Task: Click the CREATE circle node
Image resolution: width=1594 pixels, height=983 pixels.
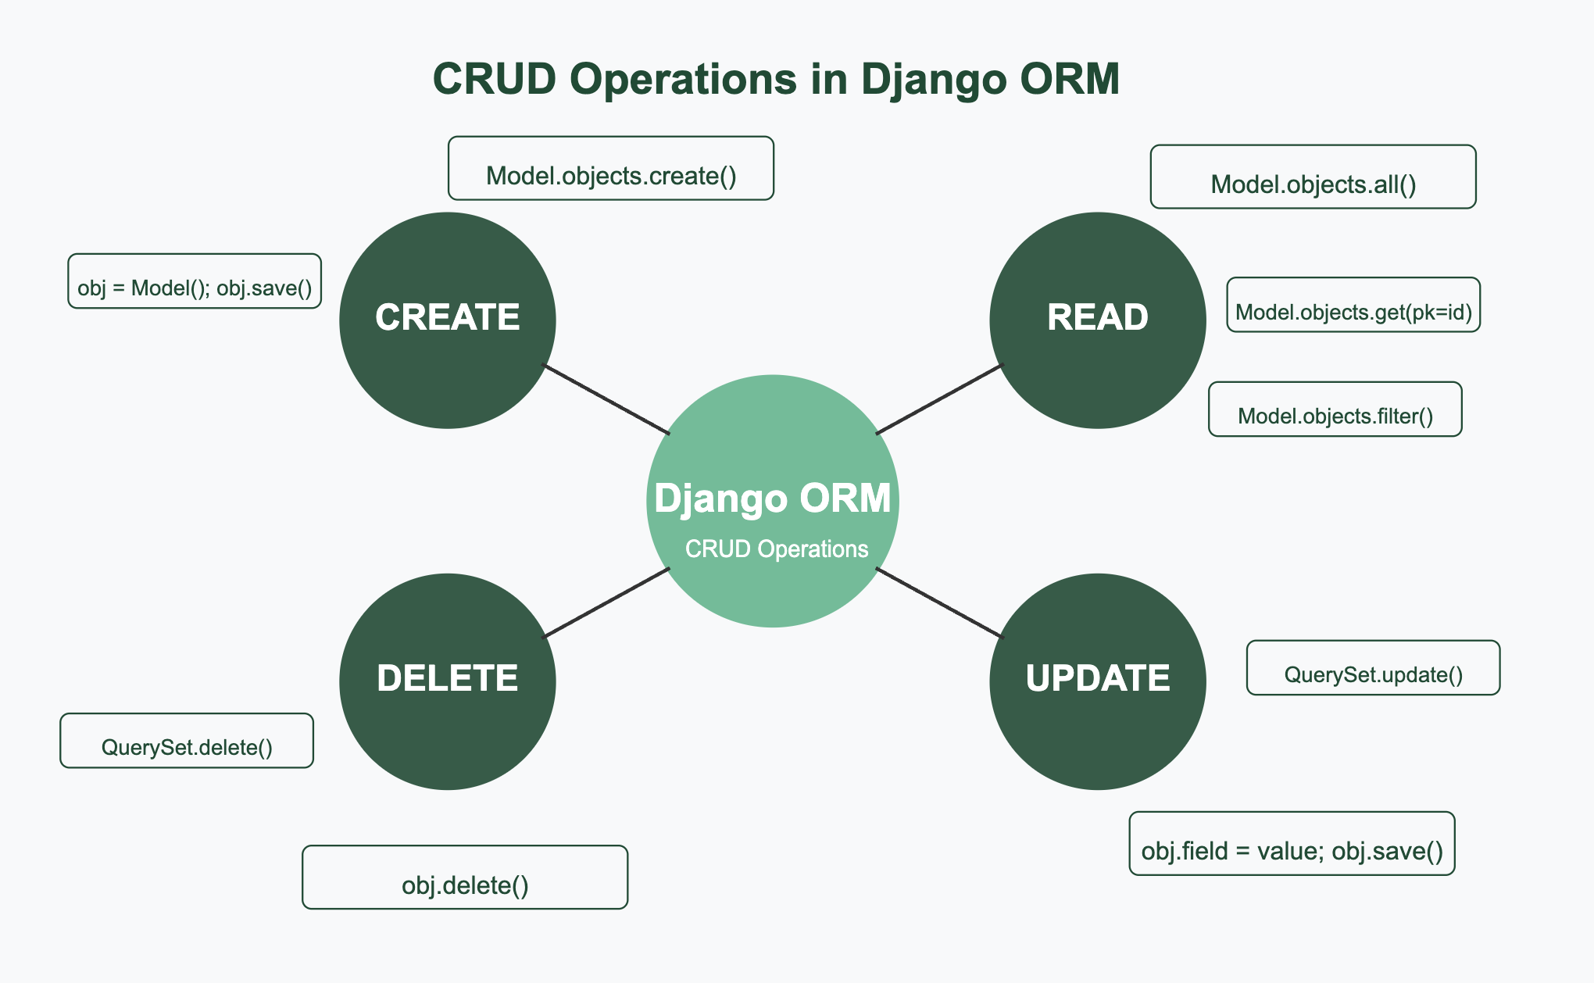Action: (x=448, y=320)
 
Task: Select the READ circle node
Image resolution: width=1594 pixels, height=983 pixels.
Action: (x=1098, y=320)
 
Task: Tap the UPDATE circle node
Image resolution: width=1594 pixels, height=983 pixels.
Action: (x=1098, y=681)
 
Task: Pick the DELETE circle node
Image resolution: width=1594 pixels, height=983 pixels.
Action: (x=448, y=681)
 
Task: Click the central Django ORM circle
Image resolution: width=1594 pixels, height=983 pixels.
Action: (x=773, y=501)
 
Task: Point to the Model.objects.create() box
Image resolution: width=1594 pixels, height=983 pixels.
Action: (x=611, y=168)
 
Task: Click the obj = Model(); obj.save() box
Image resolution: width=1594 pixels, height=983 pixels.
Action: (x=195, y=281)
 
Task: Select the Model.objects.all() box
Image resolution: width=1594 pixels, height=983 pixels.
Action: (x=1313, y=177)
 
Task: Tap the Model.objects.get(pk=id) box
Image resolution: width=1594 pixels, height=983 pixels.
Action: (x=1353, y=305)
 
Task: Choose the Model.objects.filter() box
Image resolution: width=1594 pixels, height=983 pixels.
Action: (x=1335, y=409)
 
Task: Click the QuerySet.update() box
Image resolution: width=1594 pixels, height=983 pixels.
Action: (x=1374, y=667)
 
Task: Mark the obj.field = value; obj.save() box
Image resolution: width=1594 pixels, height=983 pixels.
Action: (x=1292, y=843)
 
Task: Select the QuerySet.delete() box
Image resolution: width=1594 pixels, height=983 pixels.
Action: (x=187, y=740)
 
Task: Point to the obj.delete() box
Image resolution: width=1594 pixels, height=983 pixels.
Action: (x=465, y=877)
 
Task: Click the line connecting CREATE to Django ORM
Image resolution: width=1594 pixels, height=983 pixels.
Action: (x=606, y=399)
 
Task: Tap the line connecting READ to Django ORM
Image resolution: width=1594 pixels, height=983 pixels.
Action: (x=939, y=399)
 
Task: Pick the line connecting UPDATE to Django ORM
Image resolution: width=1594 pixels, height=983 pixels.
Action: (x=939, y=602)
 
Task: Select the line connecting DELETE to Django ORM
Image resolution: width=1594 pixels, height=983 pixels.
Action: (x=606, y=602)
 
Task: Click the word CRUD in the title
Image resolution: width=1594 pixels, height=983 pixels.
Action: (x=495, y=79)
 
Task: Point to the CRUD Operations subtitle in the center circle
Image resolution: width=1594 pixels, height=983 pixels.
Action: (x=777, y=549)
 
